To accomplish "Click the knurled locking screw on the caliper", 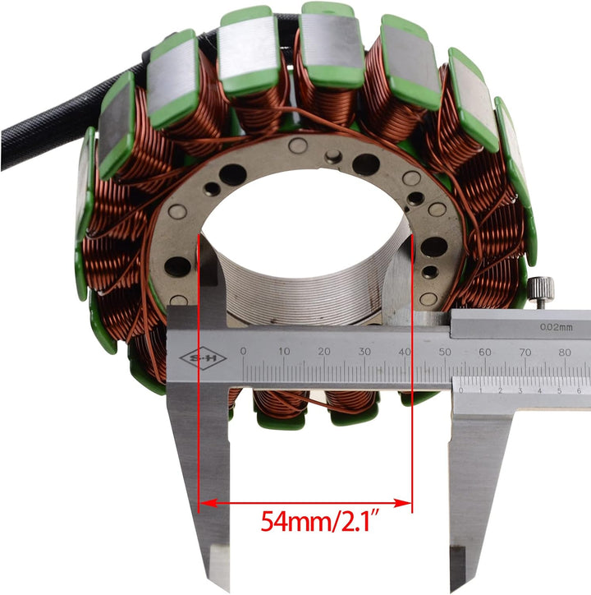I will pyautogui.click(x=540, y=289).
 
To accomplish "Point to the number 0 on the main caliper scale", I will pyautogui.click(x=243, y=352).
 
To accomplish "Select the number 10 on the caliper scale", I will pyautogui.click(x=284, y=352).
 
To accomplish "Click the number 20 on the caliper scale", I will pyautogui.click(x=324, y=352).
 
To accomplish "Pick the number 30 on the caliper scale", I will pyautogui.click(x=364, y=352).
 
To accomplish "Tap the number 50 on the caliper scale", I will pyautogui.click(x=445, y=352).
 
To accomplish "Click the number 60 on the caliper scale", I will pyautogui.click(x=485, y=352).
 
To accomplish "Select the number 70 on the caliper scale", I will pyautogui.click(x=525, y=352).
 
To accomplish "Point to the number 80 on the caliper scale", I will pyautogui.click(x=565, y=352).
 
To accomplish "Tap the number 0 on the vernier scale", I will pyautogui.click(x=462, y=390).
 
